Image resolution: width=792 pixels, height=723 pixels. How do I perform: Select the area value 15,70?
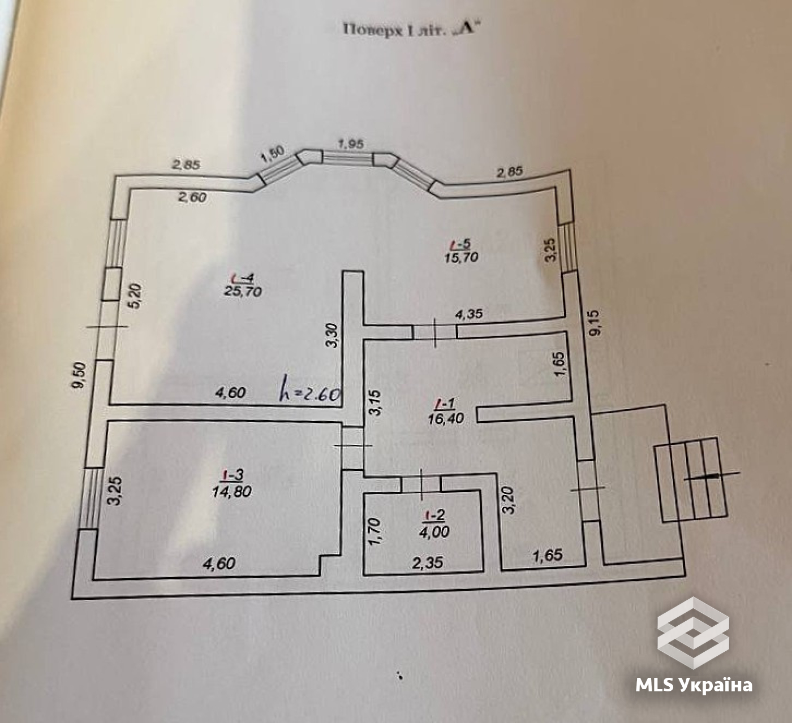[462, 257]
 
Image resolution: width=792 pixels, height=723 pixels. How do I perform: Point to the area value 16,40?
[446, 419]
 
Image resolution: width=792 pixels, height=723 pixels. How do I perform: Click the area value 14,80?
[232, 491]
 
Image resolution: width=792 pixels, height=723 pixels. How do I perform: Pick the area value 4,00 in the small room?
[435, 532]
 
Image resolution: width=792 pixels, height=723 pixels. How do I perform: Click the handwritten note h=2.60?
[311, 392]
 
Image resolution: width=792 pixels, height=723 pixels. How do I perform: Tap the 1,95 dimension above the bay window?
[351, 144]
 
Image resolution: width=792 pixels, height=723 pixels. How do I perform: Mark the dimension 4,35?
[468, 314]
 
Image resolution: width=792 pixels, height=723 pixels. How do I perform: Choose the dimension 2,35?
[428, 563]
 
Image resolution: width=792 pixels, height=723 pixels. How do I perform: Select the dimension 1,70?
[374, 532]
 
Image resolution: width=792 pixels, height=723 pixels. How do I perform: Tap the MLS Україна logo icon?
[693, 633]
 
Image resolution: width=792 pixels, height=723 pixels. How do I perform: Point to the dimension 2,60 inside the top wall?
[192, 197]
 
